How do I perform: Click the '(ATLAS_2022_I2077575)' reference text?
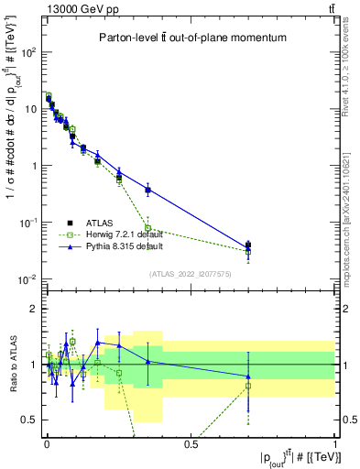pos(191,273)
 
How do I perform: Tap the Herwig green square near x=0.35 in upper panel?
pos(147,228)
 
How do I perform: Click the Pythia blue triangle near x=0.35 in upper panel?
pos(147,190)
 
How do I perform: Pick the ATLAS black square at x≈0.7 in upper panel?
pos(248,245)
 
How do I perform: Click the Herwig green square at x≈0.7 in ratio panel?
pos(248,386)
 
